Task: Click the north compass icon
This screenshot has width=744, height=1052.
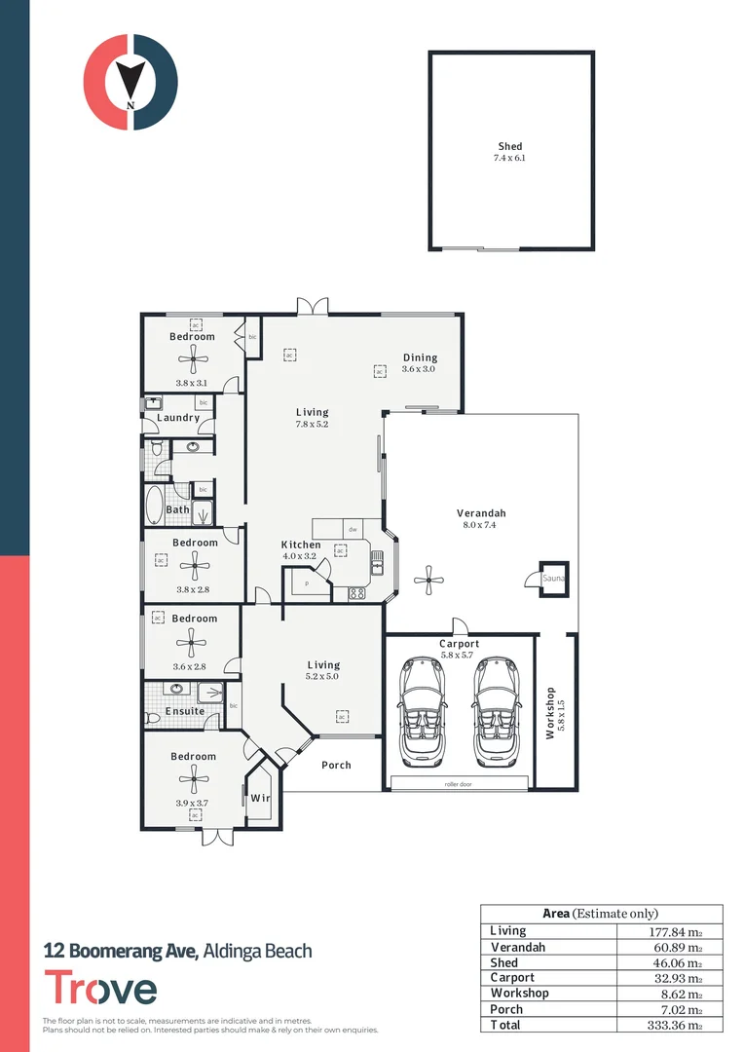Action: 130,82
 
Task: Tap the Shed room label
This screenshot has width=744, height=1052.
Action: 510,147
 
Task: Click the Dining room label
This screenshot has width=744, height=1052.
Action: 420,357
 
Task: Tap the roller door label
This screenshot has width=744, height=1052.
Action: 459,782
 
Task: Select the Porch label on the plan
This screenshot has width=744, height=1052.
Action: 336,765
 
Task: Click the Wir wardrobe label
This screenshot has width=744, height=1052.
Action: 259,798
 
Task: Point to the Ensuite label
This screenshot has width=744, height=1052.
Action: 185,711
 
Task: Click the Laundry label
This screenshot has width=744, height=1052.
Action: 178,418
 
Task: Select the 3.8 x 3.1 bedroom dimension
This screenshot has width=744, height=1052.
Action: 193,383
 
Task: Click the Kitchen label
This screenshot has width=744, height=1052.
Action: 301,545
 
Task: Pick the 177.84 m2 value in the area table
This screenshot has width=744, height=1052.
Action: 671,931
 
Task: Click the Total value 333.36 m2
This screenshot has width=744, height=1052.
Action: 671,1025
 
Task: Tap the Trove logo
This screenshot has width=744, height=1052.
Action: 100,989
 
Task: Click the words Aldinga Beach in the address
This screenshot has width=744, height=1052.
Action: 258,950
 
